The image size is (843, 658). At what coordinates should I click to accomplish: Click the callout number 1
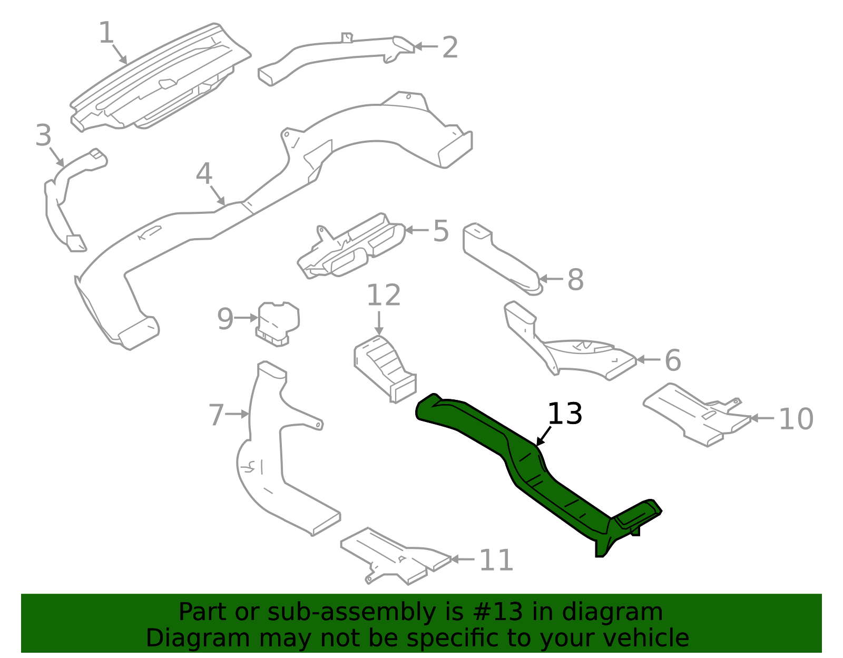(106, 33)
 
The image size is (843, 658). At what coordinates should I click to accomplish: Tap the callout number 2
(450, 47)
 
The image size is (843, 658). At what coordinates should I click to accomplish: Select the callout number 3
(43, 135)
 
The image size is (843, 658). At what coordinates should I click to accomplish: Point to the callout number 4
(204, 174)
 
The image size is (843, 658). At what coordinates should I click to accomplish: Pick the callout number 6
(673, 360)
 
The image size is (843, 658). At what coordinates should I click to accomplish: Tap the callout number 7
(216, 415)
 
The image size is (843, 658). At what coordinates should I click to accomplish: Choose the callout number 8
(575, 280)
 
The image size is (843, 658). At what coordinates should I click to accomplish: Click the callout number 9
(225, 319)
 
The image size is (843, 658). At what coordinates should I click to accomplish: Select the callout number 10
(796, 419)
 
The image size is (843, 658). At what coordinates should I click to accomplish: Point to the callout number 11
(496, 560)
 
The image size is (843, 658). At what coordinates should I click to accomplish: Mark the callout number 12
(383, 296)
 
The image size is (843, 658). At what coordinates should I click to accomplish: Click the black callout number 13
(565, 414)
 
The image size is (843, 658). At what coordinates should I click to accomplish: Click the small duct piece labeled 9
(278, 323)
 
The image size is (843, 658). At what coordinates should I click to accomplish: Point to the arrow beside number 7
(237, 415)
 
